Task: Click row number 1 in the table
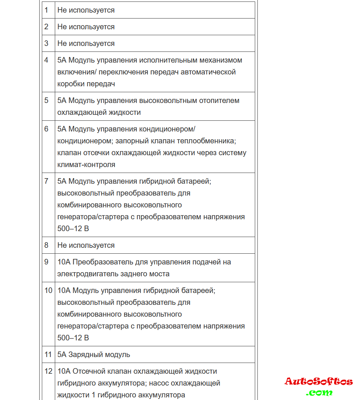[x=46, y=10]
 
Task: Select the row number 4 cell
[x=46, y=60]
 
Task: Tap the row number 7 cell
[x=46, y=181]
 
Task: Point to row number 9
[x=46, y=262]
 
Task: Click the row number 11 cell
[x=48, y=354]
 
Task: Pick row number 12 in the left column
[x=48, y=371]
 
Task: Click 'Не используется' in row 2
[x=86, y=27]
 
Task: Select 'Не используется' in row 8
[x=86, y=245]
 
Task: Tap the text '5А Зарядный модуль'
[x=94, y=354]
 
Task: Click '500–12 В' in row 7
[x=73, y=229]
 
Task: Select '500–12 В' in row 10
[x=73, y=338]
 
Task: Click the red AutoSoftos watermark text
[x=319, y=381]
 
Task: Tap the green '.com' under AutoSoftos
[x=319, y=392]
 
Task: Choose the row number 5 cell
[x=46, y=100]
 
